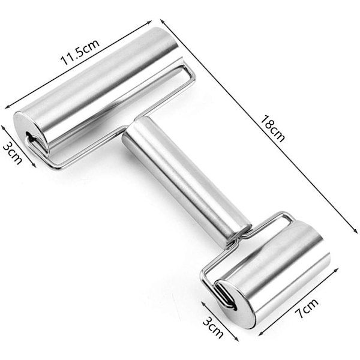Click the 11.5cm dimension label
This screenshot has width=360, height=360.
[x=80, y=52]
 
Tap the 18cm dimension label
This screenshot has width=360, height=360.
[x=273, y=128]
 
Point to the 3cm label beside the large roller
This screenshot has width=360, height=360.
[x=13, y=153]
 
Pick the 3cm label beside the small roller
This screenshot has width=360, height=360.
[x=213, y=327]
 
